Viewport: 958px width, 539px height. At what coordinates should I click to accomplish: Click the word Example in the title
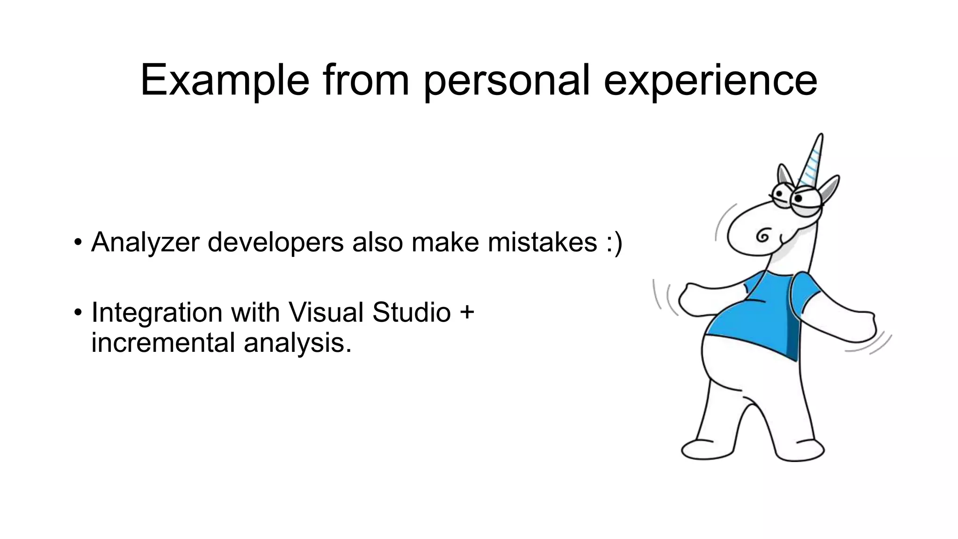point(225,80)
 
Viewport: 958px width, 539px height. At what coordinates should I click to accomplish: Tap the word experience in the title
point(710,80)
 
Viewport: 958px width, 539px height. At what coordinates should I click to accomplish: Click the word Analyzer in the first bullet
point(145,242)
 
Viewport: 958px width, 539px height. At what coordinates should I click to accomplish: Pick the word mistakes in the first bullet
point(542,242)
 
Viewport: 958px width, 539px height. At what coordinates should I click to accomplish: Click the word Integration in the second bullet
point(157,312)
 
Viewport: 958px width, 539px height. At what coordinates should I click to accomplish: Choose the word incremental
point(163,342)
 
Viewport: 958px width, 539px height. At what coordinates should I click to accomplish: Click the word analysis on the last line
point(297,343)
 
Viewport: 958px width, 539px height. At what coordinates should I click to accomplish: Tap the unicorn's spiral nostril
point(763,235)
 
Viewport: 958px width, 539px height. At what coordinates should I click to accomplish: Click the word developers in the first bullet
point(276,242)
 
